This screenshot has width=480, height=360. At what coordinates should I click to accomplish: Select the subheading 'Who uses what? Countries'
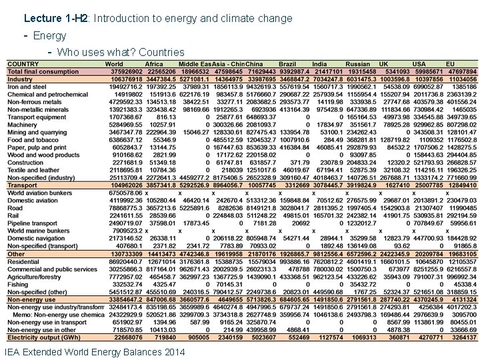[121, 52]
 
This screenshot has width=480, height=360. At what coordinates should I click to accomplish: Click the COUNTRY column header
[23, 64]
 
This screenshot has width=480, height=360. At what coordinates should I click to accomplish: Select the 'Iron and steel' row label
[27, 87]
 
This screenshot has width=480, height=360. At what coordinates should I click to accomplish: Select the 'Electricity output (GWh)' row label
[41, 337]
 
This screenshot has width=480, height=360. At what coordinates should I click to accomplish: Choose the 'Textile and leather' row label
[33, 170]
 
